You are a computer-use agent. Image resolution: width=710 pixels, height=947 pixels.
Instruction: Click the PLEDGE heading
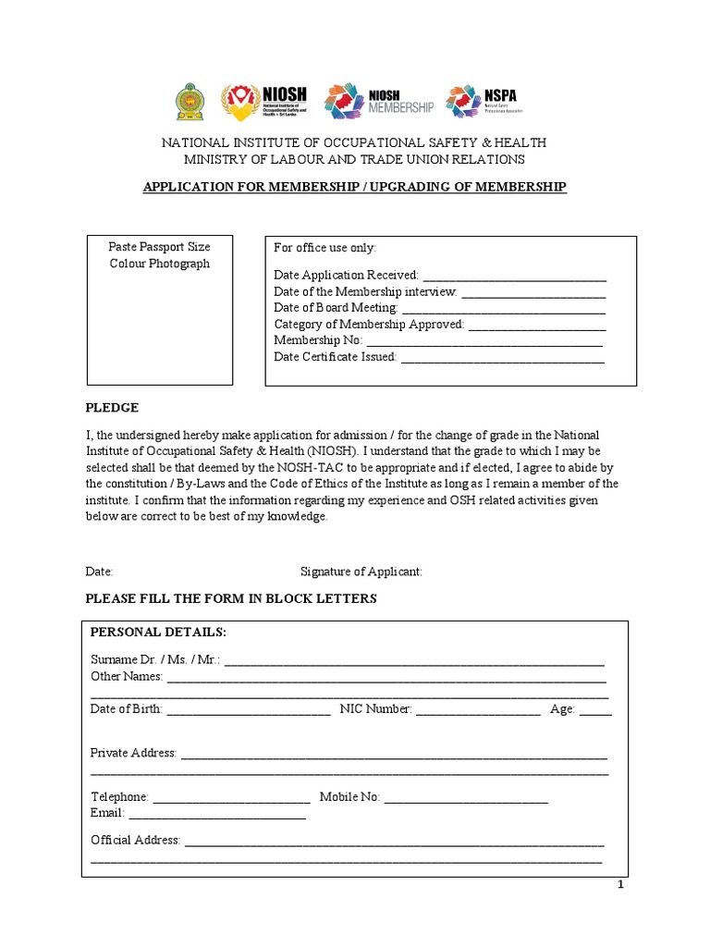coord(112,408)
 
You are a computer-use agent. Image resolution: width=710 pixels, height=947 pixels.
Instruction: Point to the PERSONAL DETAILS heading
coord(157,632)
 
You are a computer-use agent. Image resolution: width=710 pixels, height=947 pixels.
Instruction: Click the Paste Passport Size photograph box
coord(159,310)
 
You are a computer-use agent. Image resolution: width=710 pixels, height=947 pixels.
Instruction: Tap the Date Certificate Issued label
coord(335,357)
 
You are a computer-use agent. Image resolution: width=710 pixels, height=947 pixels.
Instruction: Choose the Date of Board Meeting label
coord(336,308)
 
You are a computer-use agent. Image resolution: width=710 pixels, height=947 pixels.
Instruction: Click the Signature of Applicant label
coord(361,572)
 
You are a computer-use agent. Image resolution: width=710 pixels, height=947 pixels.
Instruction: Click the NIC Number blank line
coord(478,711)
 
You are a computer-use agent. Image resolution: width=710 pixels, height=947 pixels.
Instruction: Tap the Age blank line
coord(595,711)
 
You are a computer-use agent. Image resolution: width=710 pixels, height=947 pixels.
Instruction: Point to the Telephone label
coord(119,797)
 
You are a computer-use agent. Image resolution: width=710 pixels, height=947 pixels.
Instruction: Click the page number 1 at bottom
coord(621,885)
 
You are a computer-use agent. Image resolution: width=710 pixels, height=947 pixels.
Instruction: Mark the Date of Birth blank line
coord(249,711)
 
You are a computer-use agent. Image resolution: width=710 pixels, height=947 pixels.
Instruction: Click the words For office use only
coord(325,249)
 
